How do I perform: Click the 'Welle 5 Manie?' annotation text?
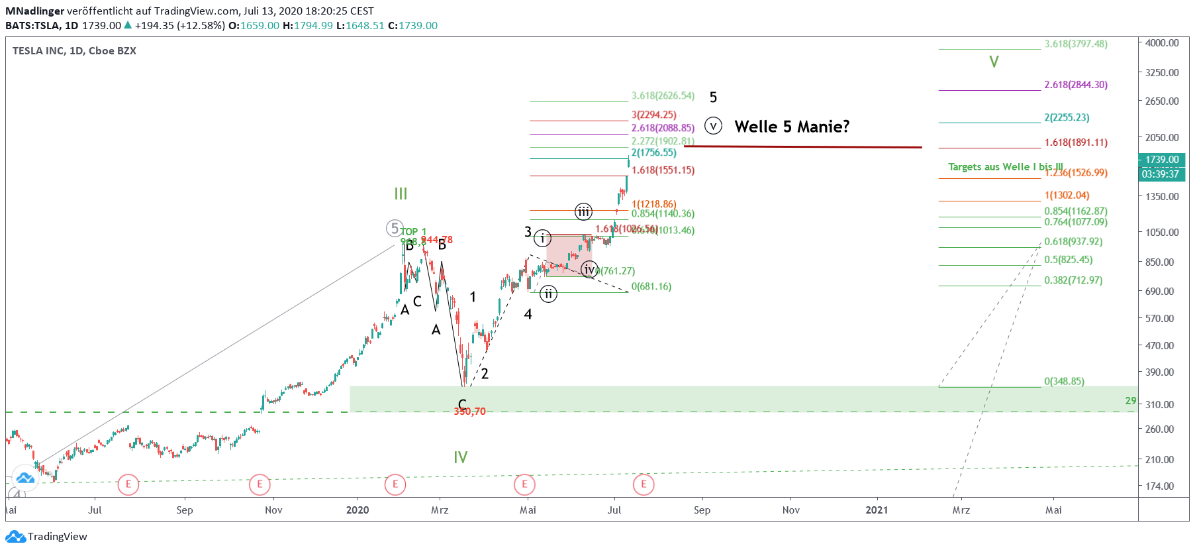point(792,127)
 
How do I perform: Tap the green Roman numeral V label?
point(994,62)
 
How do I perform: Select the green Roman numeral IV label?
point(461,457)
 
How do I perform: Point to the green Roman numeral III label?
point(401,193)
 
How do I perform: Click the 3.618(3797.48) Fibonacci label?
point(1076,44)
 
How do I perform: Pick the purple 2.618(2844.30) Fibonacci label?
point(1076,85)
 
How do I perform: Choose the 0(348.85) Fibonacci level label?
point(1064,381)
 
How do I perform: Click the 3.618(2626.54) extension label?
point(663,96)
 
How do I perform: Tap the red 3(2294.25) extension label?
point(653,115)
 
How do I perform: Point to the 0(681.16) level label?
point(651,286)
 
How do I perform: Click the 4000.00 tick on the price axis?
point(1162,43)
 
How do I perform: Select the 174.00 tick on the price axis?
point(1159,486)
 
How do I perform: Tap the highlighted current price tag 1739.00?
point(1162,160)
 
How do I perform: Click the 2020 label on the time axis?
point(358,510)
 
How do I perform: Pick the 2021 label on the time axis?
point(877,510)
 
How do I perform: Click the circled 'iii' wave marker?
point(583,211)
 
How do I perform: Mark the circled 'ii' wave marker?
point(548,294)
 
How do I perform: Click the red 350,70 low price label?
point(469,412)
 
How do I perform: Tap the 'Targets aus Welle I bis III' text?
point(1005,167)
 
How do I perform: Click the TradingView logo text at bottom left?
point(57,536)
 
